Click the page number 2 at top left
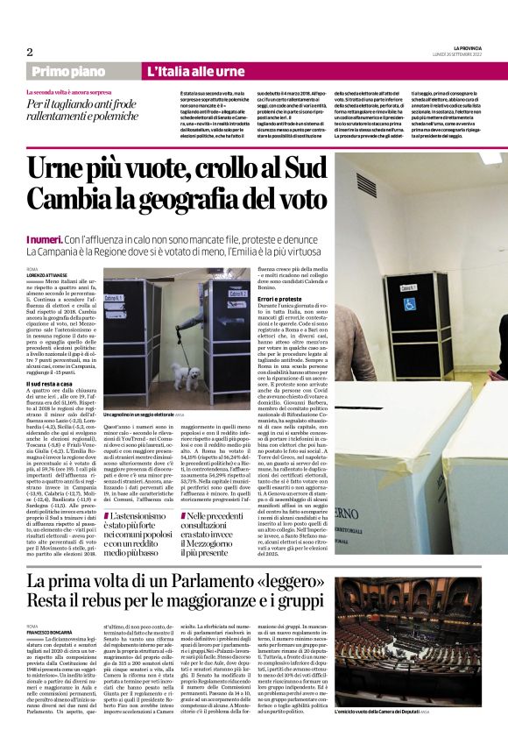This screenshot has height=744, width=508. (x=29, y=52)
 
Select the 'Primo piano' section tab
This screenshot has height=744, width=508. (x=81, y=71)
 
